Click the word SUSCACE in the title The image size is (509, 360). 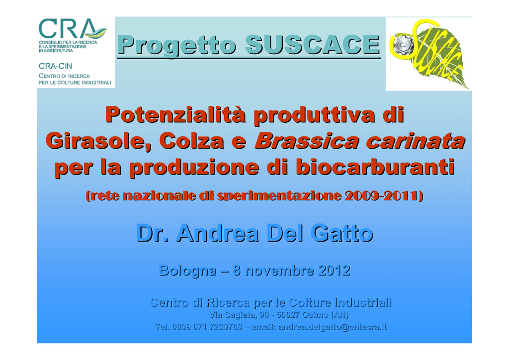click(312, 44)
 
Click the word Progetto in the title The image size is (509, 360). click(176, 45)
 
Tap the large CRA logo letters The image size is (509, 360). click(73, 29)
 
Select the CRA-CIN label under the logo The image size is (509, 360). click(55, 66)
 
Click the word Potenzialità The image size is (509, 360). click(175, 115)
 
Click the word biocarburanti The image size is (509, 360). click(375, 167)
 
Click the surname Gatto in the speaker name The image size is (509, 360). click(341, 233)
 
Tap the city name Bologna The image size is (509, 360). click(188, 270)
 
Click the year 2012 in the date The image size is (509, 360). click(335, 270)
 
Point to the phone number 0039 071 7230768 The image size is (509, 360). click(207, 327)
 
